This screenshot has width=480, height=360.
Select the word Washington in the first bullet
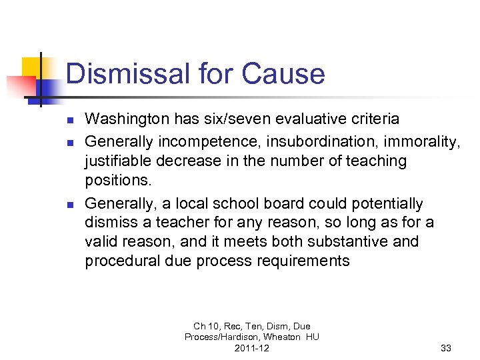click(125, 119)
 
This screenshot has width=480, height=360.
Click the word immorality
click(403, 141)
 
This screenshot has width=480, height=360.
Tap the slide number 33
click(446, 348)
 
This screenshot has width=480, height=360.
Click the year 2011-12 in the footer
click(252, 348)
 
